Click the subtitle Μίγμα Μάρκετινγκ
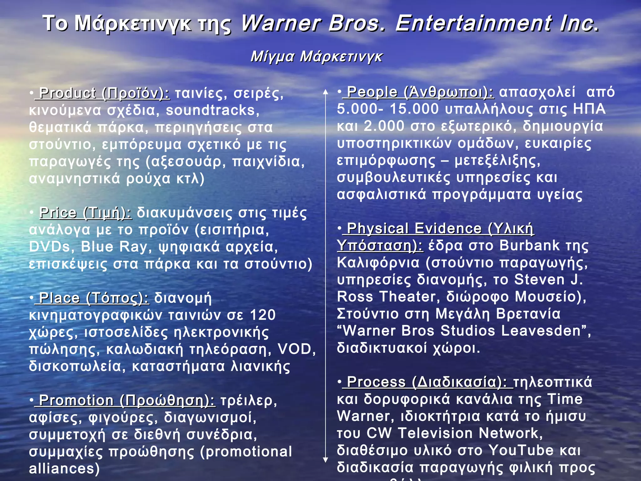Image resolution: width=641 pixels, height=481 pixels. coord(316,57)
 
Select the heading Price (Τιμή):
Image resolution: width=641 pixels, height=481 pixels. coord(85,213)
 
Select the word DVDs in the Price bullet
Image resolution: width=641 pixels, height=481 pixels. coord(49,247)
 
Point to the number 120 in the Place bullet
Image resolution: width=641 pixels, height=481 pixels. coord(263,315)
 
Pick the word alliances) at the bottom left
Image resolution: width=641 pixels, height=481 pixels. coord(64,468)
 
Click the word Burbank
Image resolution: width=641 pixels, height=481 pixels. coord(529,246)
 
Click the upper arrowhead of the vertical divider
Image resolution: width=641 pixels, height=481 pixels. coord(326,92)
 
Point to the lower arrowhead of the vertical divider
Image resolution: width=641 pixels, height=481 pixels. coord(326,460)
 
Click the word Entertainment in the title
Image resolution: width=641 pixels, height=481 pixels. coord(473,23)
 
